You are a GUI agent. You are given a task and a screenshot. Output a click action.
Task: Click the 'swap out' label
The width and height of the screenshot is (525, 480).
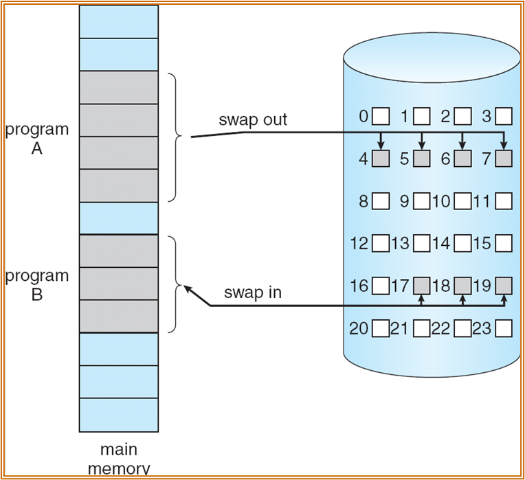(x=253, y=119)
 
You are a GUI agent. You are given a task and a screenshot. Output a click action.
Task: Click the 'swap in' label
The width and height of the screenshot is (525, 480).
(x=253, y=293)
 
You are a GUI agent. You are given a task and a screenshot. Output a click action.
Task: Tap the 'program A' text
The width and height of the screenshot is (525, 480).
(x=37, y=139)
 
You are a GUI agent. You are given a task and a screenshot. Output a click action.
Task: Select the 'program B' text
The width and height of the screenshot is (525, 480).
(x=37, y=285)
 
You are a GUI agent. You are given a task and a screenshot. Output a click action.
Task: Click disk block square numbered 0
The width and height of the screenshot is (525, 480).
(x=381, y=115)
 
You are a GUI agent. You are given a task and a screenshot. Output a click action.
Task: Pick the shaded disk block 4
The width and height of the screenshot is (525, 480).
(x=381, y=159)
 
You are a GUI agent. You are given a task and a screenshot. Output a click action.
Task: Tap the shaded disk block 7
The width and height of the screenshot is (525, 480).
(x=504, y=159)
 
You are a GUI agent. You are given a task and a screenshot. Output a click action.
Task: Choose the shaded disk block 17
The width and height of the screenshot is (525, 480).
(x=422, y=285)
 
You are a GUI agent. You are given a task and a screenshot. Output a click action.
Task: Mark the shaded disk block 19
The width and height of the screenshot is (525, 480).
(x=504, y=285)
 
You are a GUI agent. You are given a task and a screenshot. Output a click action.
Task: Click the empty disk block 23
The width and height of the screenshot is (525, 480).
(x=504, y=328)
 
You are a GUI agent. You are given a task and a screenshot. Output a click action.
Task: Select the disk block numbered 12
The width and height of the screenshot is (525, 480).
(x=381, y=243)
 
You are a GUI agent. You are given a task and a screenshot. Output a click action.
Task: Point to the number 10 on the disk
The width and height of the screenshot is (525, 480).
(x=442, y=201)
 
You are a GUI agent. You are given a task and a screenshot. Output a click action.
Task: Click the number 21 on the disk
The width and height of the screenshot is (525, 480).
(x=400, y=328)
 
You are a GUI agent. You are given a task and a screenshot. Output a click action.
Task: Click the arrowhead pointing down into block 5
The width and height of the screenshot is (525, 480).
(x=422, y=146)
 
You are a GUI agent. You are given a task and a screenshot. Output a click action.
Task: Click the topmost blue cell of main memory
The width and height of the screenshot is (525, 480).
(x=118, y=21)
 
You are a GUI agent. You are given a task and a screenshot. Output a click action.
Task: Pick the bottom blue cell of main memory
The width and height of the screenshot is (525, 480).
(x=118, y=415)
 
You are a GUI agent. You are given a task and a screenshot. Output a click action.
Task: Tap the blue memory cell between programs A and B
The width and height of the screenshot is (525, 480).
(x=118, y=218)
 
